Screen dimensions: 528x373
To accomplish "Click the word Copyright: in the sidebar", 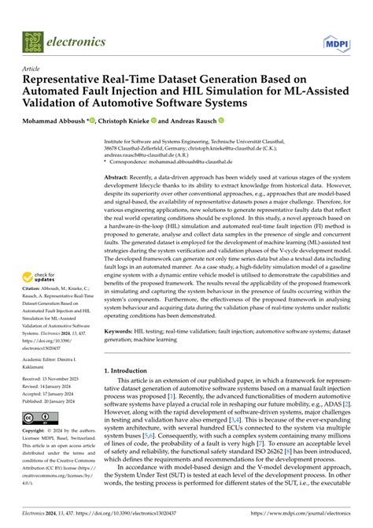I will click(x=37, y=455).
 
